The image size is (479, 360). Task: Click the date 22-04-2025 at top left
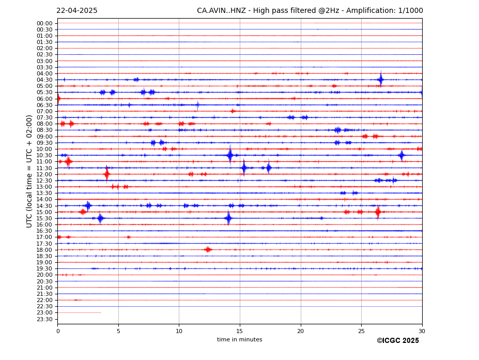pos(76,11)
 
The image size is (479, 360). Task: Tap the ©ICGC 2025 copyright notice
pos(397,341)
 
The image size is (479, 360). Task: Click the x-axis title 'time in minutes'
pos(239,340)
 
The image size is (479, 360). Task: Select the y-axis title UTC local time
pos(29,171)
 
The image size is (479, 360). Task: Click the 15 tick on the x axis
pos(240,331)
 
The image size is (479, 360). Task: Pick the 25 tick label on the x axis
pos(361,331)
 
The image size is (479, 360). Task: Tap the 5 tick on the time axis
pos(118,331)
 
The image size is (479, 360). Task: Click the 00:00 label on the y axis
pos(44,23)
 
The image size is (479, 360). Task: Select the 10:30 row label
pos(44,155)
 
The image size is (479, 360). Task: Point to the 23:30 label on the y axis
pos(44,319)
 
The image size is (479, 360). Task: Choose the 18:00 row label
pos(44,250)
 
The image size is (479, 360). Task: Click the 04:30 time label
pos(44,80)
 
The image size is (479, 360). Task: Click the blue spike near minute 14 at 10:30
pos(229,155)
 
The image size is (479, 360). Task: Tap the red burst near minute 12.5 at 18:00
pos(208,250)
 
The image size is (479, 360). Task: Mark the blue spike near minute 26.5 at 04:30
pos(380,80)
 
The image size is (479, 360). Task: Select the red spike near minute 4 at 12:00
pos(106,174)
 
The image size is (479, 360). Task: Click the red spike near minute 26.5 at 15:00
pos(378,212)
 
